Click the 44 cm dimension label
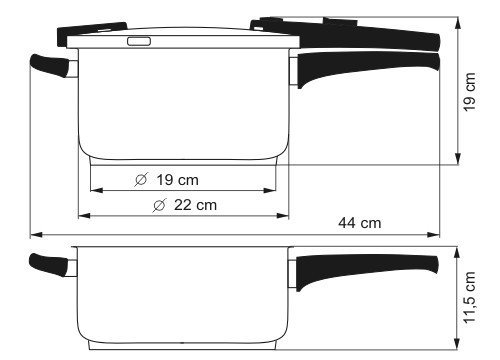coord(360,223)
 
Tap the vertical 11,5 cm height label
coord(469,297)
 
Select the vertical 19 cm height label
coord(469,92)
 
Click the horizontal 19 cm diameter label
coord(177,180)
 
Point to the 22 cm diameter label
coord(195,205)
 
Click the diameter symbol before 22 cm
coord(159,205)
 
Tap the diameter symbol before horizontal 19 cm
coord(141,180)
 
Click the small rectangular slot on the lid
coord(139,41)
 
